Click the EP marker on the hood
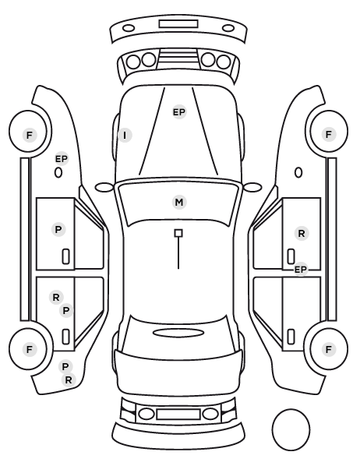179,112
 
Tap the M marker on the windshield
179,203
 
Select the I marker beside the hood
125,136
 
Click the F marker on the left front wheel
29,136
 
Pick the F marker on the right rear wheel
329,349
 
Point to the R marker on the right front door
302,234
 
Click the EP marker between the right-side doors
300,270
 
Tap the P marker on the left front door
58,229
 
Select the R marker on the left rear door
56,297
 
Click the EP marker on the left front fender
62,159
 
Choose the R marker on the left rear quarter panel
69,380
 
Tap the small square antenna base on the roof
178,233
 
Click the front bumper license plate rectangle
178,24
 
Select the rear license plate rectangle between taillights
178,414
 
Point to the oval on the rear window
178,333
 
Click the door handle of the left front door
66,256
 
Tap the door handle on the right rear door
291,337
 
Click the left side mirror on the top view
104,188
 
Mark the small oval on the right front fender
298,173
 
